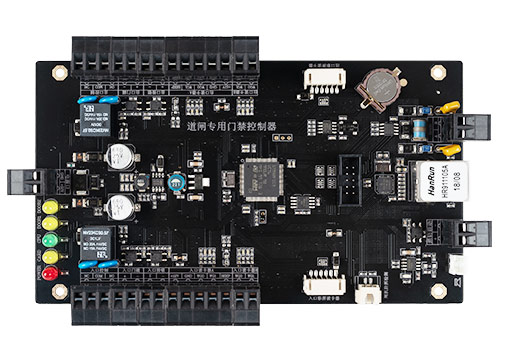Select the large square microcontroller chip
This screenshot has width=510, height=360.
click(x=261, y=178)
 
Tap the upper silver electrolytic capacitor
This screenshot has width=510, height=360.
click(x=122, y=155)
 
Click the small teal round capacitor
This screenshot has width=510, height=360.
click(x=177, y=181)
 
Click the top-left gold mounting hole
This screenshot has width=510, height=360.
click(x=59, y=72)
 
